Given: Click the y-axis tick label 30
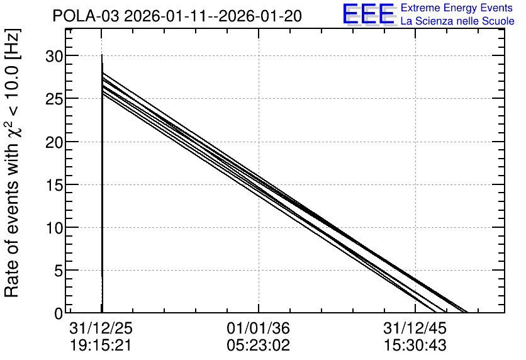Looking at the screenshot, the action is pos(54,56).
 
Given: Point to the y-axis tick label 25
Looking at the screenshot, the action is pos(54,99).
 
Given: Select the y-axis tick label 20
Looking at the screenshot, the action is pos(54,142).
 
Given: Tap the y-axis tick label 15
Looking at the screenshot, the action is pos(54,185).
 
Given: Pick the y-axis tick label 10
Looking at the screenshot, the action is pos(54,228).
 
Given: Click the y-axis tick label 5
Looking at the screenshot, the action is pos(59,271).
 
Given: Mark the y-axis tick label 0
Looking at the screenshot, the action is pos(59,313).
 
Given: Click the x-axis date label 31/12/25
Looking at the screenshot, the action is pos(101,328).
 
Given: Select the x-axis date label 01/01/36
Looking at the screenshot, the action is pos(258,328).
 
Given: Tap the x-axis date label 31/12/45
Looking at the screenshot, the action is pos(415,328).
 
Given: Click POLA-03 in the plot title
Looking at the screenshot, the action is pos(86,16).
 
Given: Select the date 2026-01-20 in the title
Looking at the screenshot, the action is pos(260,16).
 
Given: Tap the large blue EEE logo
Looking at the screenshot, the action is pos(368,14).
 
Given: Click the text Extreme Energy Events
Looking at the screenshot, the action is pos(457,8).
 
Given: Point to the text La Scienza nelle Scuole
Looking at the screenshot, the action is pos(457,21).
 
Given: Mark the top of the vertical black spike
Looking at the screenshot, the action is pos(102,55).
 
